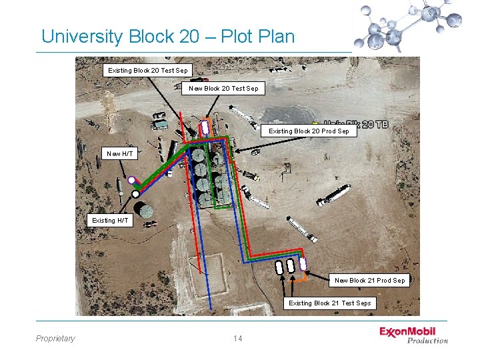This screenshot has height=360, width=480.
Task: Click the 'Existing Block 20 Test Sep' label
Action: tap(148, 70)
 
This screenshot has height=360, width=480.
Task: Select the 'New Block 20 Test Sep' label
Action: tap(224, 88)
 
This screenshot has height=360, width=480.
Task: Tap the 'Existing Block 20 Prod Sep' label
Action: tap(309, 131)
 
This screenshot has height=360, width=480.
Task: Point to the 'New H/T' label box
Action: tap(120, 154)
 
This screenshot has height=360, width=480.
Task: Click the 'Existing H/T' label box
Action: tap(111, 220)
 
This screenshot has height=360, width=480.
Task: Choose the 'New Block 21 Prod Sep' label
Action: tap(369, 281)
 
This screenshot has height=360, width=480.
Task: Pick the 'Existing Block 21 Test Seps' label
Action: tap(329, 303)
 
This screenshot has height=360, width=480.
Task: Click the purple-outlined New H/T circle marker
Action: tap(132, 180)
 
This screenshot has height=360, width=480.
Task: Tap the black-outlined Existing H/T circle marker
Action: tap(135, 194)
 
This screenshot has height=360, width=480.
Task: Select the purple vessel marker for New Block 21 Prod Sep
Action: tap(303, 264)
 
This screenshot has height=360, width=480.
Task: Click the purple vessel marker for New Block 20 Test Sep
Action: tap(206, 126)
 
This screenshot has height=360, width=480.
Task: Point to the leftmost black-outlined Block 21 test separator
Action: tap(279, 266)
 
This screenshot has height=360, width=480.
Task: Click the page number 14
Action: tap(238, 339)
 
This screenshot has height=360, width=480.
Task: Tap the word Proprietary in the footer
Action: tap(55, 339)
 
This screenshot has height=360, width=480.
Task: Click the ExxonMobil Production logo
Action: tap(413, 335)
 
